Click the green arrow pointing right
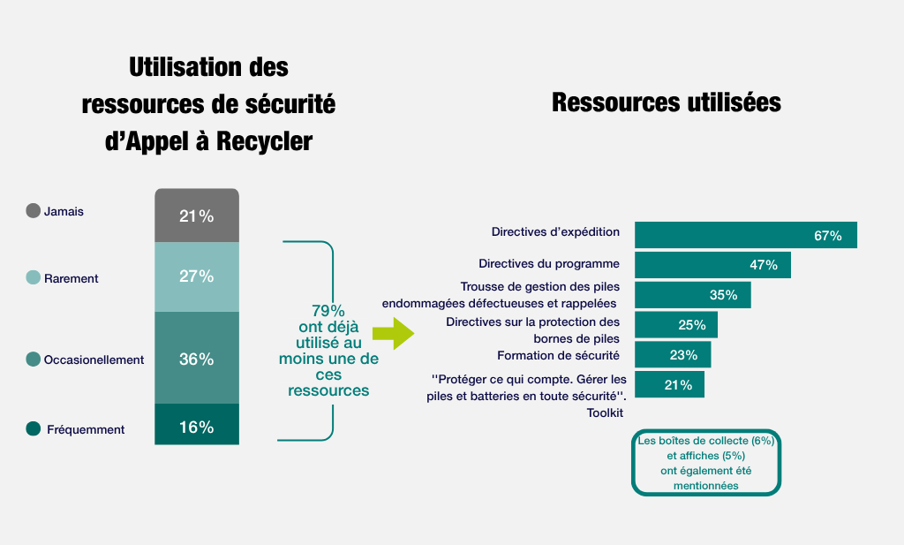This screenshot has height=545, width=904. click(392, 334)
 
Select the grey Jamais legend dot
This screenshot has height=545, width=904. click(34, 210)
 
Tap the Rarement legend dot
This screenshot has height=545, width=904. click(34, 277)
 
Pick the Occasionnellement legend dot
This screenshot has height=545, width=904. click(34, 359)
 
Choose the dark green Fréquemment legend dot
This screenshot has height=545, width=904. click(34, 428)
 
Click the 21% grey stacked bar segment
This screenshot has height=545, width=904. click(196, 216)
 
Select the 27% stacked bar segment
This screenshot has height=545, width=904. click(196, 276)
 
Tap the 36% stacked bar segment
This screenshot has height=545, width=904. click(196, 358)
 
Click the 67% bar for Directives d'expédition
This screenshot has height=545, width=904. click(746, 235)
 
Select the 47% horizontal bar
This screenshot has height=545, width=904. click(712, 265)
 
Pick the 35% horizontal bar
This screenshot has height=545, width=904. click(693, 295)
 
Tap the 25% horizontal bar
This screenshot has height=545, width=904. click(676, 325)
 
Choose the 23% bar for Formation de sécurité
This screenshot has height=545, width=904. click(673, 355)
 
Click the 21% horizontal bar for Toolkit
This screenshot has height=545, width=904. click(669, 384)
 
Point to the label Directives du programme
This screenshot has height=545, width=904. click(549, 263)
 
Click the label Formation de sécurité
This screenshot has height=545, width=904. click(558, 355)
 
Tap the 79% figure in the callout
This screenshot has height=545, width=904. click(328, 311)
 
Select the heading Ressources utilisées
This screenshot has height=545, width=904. click(666, 102)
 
